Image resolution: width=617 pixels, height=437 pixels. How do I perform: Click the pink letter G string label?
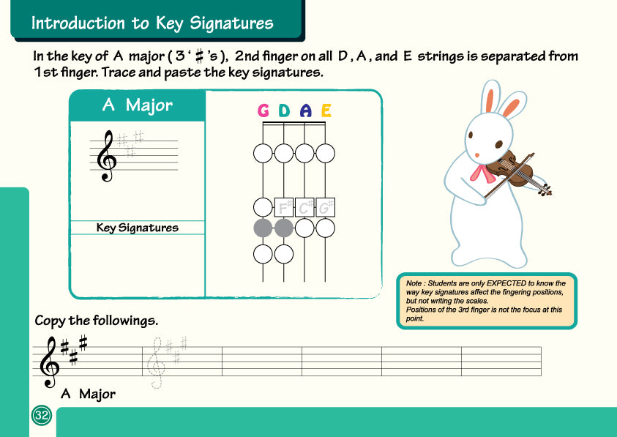tap(263, 111)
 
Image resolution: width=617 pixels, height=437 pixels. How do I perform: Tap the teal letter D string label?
tap(284, 111)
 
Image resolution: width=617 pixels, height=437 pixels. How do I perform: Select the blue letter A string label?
tap(306, 111)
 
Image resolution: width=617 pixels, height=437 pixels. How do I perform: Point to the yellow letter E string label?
tap(326, 111)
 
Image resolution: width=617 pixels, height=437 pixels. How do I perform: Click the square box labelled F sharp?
tap(284, 207)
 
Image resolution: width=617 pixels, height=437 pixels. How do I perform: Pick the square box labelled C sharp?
tap(305, 207)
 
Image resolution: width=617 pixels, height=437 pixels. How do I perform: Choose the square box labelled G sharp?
tap(326, 207)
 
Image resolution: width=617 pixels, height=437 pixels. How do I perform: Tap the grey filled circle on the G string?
tap(263, 228)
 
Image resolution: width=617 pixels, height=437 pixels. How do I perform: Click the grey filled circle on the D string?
tap(284, 228)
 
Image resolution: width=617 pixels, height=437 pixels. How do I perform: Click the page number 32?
tap(41, 416)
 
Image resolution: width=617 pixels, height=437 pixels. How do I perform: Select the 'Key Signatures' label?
tap(138, 228)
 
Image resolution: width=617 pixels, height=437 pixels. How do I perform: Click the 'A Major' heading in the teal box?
tap(137, 105)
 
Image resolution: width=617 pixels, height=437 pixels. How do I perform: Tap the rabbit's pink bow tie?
tap(482, 173)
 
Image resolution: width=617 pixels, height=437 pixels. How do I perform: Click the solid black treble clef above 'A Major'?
tap(49, 362)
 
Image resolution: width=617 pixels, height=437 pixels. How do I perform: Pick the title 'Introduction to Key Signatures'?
tap(152, 23)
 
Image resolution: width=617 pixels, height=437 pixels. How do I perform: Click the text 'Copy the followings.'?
tap(97, 321)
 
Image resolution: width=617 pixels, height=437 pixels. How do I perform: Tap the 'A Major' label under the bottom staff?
tap(88, 394)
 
